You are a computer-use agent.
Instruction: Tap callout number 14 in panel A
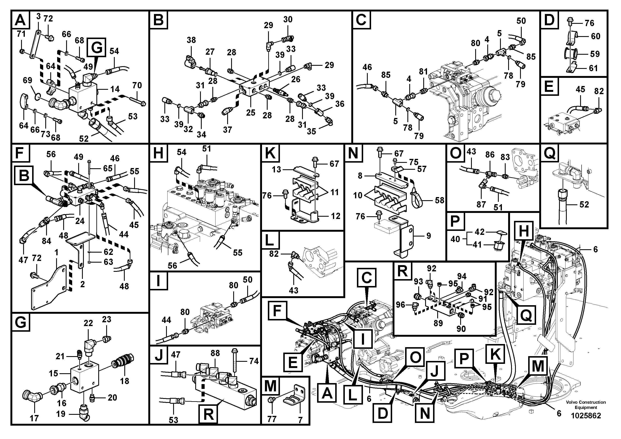(x=115, y=89)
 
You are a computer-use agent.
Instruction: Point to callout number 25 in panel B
(x=251, y=113)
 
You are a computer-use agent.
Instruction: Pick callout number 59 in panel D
(x=595, y=54)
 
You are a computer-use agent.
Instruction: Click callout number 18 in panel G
(x=124, y=381)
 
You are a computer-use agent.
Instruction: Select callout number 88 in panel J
(x=215, y=353)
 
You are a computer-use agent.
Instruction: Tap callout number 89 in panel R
(x=438, y=323)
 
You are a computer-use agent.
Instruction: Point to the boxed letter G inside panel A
(x=97, y=47)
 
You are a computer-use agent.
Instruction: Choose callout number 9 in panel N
(x=428, y=236)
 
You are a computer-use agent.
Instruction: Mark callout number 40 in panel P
(x=455, y=239)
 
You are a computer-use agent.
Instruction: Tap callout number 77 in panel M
(x=272, y=419)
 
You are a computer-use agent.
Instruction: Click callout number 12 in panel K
(x=335, y=216)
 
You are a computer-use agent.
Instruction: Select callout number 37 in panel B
(x=227, y=130)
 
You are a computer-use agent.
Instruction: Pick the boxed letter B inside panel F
(x=24, y=175)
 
